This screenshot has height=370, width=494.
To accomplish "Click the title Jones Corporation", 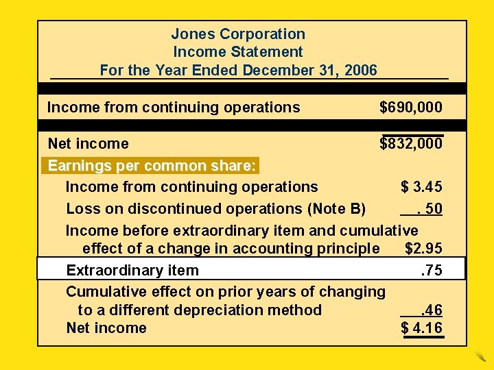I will click(238, 34).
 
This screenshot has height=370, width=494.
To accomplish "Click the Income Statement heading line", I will click(238, 51).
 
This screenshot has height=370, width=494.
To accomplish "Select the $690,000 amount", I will click(411, 107).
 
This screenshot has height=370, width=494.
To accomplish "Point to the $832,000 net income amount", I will click(411, 143).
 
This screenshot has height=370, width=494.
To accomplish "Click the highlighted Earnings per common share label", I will click(152, 166).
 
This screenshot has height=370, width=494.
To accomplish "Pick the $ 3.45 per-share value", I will click(421, 186).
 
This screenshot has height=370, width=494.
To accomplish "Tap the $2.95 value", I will click(423, 248).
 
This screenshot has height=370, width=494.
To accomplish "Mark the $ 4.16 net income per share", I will click(421, 328).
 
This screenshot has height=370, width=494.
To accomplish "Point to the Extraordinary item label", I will click(132, 270).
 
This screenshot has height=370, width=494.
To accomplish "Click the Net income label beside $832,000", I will click(88, 143).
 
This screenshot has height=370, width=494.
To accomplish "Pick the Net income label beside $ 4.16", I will click(106, 328).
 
